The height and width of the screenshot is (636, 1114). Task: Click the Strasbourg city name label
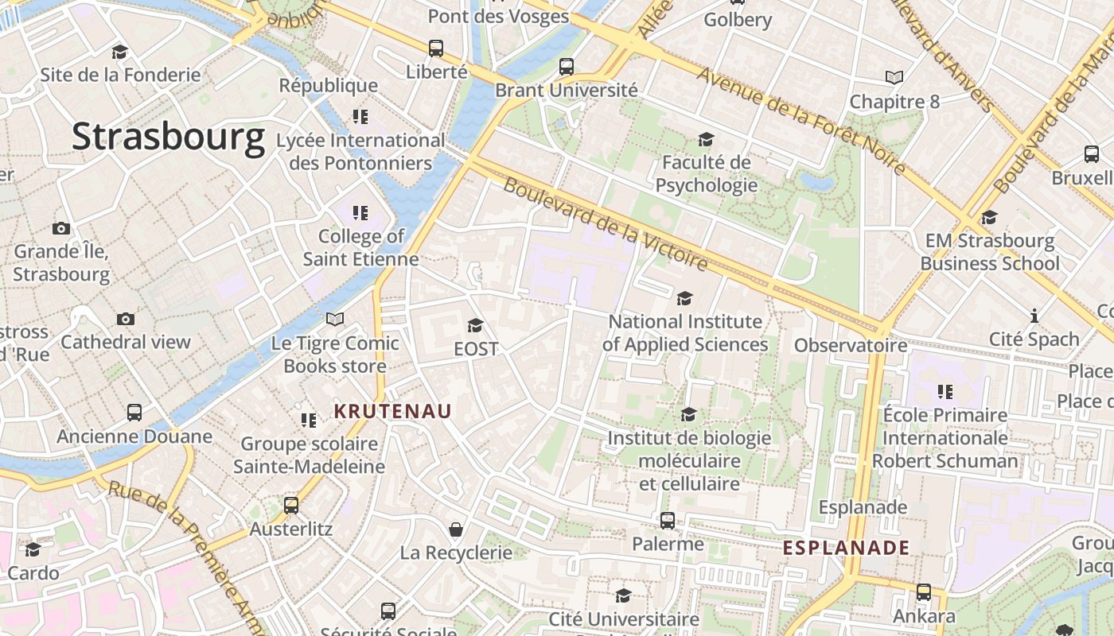(168, 137)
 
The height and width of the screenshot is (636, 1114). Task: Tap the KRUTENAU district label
(393, 411)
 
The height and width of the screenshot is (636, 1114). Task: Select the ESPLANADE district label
(846, 548)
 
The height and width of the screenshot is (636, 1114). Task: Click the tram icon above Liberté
(436, 48)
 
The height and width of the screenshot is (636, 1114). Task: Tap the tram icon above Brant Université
(567, 67)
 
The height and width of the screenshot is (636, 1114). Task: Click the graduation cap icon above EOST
(476, 325)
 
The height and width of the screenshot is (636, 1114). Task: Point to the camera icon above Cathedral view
(126, 319)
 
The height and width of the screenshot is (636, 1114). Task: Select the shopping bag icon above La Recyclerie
(456, 529)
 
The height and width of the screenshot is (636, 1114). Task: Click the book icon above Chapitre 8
(894, 78)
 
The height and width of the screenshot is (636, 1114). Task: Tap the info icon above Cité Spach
(1034, 316)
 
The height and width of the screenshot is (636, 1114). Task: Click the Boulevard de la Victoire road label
(605, 225)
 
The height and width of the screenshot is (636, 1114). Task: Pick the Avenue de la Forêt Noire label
(801, 121)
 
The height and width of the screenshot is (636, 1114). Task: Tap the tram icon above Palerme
(668, 521)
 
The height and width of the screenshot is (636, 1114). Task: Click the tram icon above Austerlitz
(291, 506)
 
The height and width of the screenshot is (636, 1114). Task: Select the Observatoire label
(851, 345)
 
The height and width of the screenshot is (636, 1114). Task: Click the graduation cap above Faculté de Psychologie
(706, 140)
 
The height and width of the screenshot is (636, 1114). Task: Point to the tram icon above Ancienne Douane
(134, 413)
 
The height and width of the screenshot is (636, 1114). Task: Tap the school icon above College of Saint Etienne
(360, 213)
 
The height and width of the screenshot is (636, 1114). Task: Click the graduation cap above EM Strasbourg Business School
(989, 217)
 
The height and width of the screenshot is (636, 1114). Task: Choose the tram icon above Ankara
(923, 592)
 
